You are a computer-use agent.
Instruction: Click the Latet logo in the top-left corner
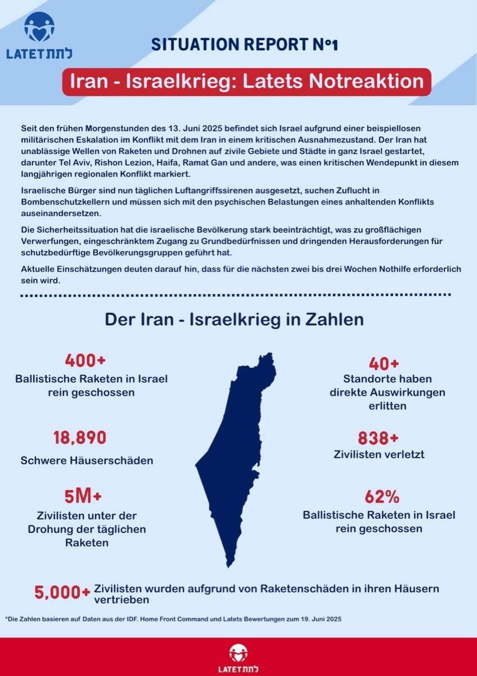tap(39, 36)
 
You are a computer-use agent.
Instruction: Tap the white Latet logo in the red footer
tap(238, 658)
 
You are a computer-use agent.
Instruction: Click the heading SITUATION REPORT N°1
tap(245, 45)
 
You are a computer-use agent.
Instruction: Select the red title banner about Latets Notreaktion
tap(246, 81)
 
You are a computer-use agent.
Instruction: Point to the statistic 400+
tap(85, 361)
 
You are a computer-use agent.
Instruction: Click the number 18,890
tap(80, 438)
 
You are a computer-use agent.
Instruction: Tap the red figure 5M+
tap(83, 496)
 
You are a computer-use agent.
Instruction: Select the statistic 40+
tap(384, 364)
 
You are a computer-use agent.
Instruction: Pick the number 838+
tap(378, 438)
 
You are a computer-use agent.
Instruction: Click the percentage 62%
tap(382, 497)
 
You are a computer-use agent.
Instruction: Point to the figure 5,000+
tap(62, 593)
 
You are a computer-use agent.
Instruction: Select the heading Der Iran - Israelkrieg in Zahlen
tap(234, 319)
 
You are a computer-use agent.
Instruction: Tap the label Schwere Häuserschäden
tap(87, 460)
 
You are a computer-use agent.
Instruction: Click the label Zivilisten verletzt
tap(379, 454)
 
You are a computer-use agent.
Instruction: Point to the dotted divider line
tap(235, 295)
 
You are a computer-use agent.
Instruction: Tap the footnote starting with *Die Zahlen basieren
tap(173, 619)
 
